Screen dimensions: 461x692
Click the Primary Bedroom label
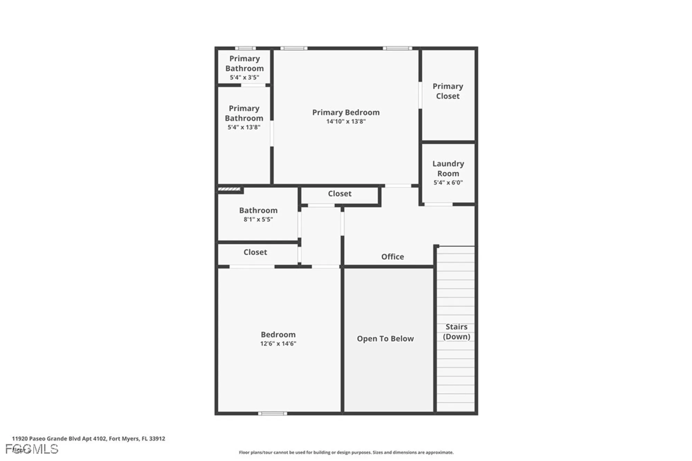pyautogui.click(x=346, y=112)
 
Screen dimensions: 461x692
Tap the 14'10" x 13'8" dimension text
pyautogui.click(x=346, y=121)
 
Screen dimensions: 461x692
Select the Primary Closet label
pyautogui.click(x=448, y=91)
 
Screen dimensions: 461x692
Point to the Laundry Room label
pyautogui.click(x=448, y=168)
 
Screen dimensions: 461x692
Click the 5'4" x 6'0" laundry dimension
pyautogui.click(x=448, y=183)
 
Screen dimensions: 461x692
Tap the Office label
pyautogui.click(x=392, y=257)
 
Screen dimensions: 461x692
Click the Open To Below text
pyautogui.click(x=385, y=339)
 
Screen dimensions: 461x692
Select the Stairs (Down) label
pyautogui.click(x=456, y=332)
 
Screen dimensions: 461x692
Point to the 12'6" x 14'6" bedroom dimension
pyautogui.click(x=278, y=343)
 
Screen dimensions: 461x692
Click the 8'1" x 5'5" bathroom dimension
pyautogui.click(x=258, y=219)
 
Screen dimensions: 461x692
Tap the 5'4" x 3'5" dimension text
pyautogui.click(x=244, y=77)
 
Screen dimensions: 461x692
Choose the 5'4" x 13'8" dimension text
pyautogui.click(x=244, y=127)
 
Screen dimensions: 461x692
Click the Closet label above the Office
pyautogui.click(x=339, y=194)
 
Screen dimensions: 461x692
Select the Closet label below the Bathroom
pyautogui.click(x=255, y=252)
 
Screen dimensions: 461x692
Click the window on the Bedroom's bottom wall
pyautogui.click(x=273, y=413)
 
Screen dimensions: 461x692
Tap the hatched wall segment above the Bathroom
pyautogui.click(x=229, y=189)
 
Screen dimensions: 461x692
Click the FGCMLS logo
pyautogui.click(x=32, y=449)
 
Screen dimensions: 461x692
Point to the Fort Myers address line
pyautogui.click(x=89, y=439)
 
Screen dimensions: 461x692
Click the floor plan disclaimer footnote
pyautogui.click(x=346, y=452)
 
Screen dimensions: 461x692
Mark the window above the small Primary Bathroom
pyautogui.click(x=245, y=48)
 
